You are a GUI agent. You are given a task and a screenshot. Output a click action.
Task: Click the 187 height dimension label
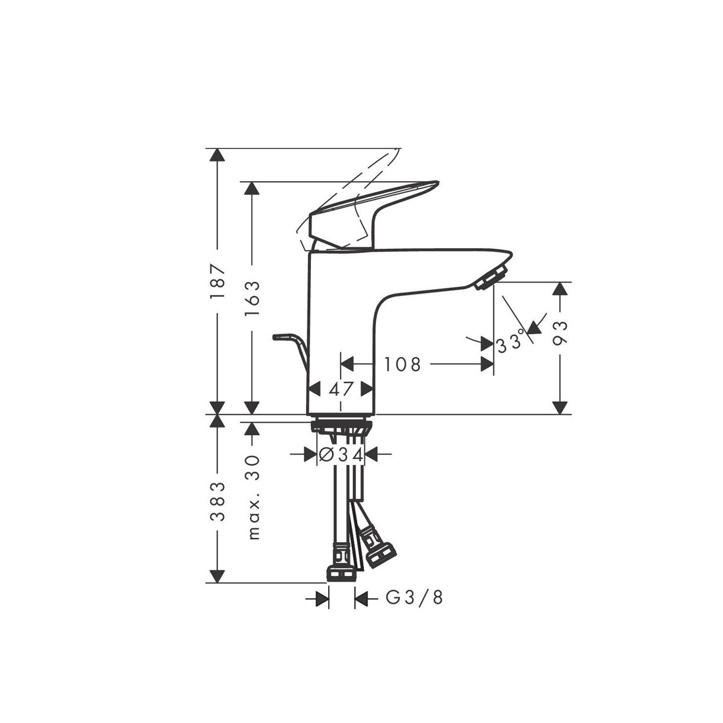(x=218, y=281)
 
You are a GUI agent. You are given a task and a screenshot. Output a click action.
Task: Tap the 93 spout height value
(x=560, y=333)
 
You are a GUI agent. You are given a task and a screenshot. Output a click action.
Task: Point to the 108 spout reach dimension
(x=402, y=364)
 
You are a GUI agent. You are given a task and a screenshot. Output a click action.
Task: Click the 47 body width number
(x=341, y=389)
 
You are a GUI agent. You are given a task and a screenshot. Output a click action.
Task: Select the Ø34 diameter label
(x=341, y=455)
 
